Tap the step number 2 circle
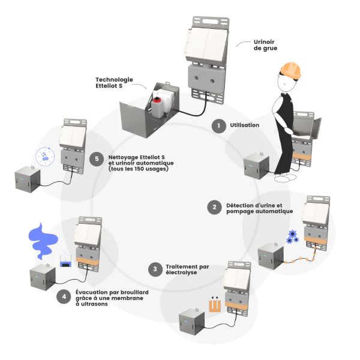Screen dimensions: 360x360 coord(213,208)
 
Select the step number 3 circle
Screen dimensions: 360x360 coord(155,269)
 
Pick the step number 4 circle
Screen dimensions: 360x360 coord(64,296)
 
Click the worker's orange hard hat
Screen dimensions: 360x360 coord(292,71)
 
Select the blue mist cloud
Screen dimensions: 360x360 coord(44,238)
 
